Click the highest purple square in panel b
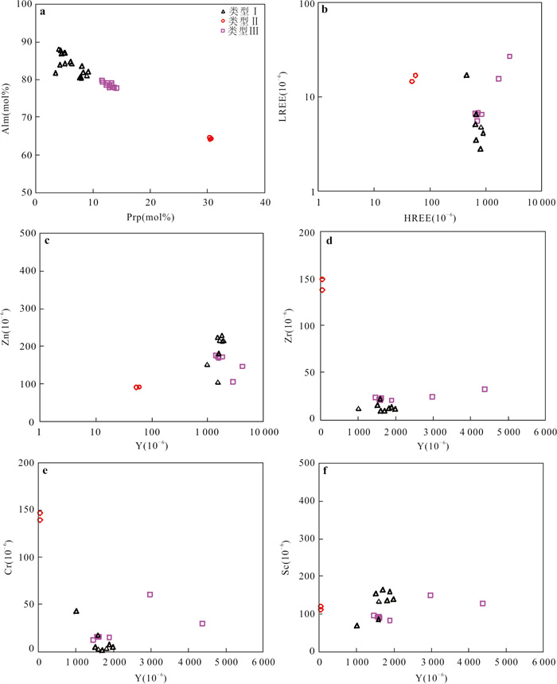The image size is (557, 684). [509, 56]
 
